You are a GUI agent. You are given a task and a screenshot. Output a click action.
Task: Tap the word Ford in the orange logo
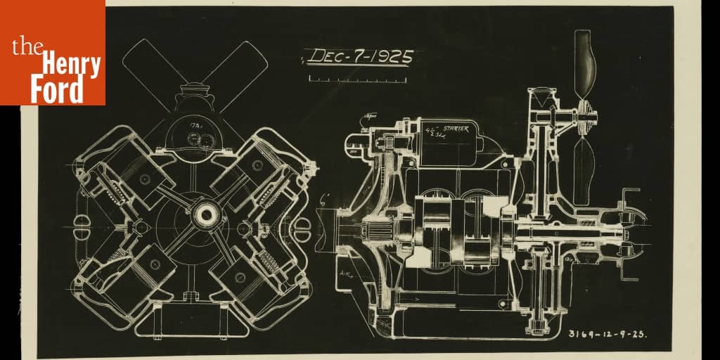pyautogui.click(x=56, y=90)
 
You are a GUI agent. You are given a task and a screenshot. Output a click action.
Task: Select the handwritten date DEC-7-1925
pyautogui.click(x=360, y=56)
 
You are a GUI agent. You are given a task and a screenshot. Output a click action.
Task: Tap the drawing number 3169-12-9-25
pyautogui.click(x=607, y=333)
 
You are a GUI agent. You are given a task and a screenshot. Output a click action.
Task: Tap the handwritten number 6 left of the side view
pyautogui.click(x=325, y=199)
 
